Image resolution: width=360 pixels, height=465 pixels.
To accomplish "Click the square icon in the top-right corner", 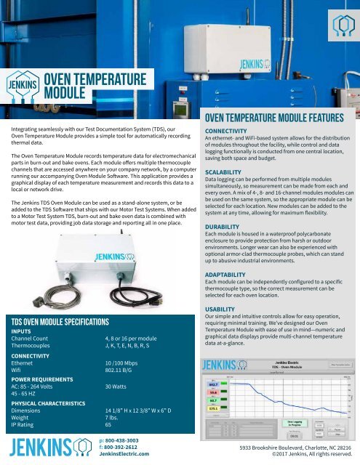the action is point(337,22).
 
